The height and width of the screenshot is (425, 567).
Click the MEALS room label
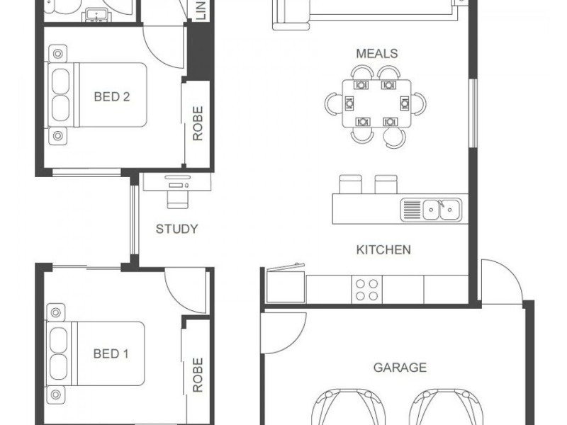click(x=376, y=54)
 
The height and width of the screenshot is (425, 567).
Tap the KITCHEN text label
click(x=383, y=249)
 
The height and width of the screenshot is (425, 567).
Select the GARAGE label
click(x=400, y=367)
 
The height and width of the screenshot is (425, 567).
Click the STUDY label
click(x=176, y=229)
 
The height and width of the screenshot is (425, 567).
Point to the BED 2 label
click(x=112, y=96)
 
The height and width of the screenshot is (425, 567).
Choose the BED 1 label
click(x=111, y=353)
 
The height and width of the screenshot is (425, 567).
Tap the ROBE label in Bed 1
click(x=198, y=375)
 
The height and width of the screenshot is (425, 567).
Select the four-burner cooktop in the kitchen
click(x=366, y=290)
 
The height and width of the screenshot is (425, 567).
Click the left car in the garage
click(x=343, y=407)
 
